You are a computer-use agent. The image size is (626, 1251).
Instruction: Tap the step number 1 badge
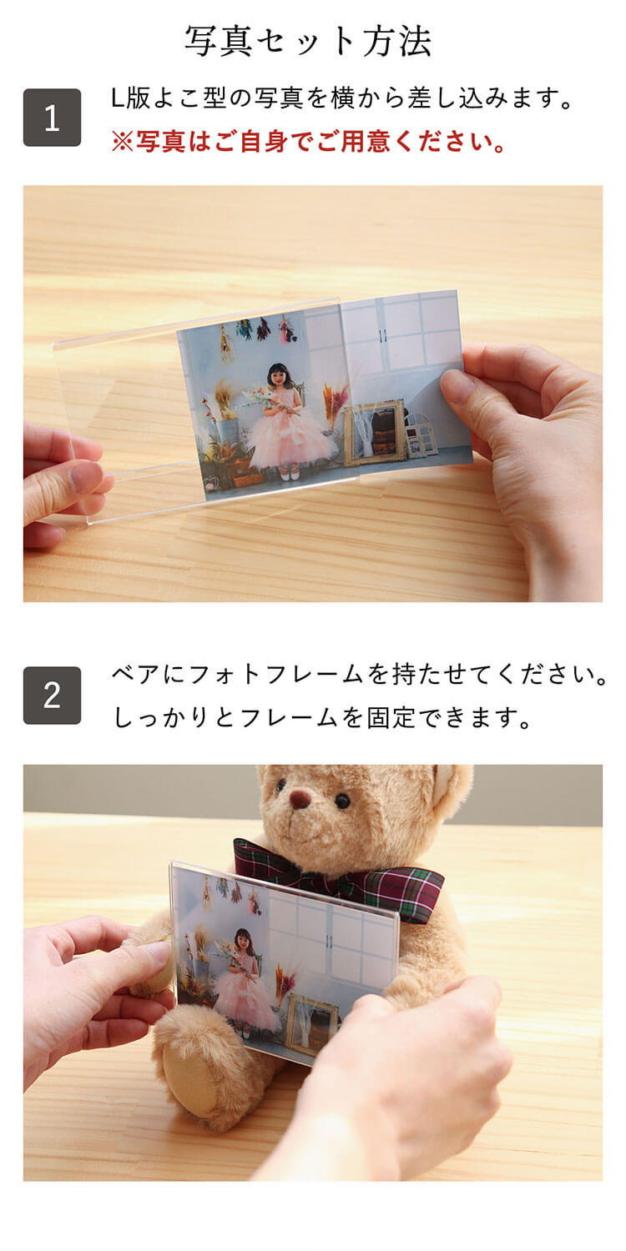(52, 118)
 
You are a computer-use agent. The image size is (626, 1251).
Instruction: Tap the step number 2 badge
(52, 696)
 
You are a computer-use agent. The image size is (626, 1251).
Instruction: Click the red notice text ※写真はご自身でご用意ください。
(309, 142)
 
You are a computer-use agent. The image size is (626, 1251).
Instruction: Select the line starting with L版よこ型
(343, 99)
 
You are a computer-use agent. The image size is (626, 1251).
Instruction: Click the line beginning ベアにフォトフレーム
(359, 675)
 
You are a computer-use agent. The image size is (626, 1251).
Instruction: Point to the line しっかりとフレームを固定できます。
(322, 718)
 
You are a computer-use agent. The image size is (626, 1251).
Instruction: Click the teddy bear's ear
(451, 789)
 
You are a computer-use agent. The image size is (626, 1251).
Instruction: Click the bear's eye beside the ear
(342, 801)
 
